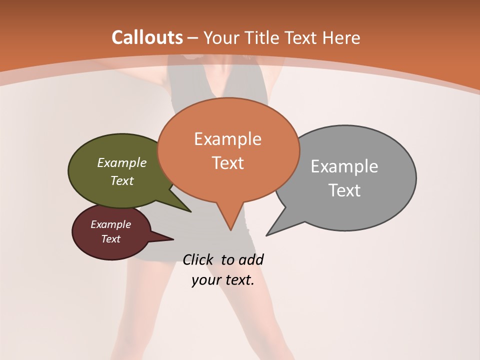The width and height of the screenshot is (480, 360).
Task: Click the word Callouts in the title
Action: [147, 37]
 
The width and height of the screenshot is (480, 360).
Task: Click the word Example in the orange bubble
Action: [227, 139]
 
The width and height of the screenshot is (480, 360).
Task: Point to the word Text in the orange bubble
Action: [227, 162]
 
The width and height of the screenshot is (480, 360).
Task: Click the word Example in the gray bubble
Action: [344, 166]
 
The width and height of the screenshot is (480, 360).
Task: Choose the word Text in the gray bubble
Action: [344, 190]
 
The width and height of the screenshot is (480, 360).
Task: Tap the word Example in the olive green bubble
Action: [122, 162]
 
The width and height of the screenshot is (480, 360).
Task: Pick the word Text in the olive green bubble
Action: [122, 180]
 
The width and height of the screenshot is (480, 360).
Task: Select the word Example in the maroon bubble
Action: [110, 224]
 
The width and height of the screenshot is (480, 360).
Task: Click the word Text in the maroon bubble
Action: [110, 239]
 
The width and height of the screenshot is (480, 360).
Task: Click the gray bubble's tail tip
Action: [267, 234]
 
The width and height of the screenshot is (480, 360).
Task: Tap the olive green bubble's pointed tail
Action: [189, 211]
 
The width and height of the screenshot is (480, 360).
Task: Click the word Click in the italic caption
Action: [199, 259]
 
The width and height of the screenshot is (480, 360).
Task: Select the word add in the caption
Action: [251, 259]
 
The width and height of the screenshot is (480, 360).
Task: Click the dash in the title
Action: [193, 37]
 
